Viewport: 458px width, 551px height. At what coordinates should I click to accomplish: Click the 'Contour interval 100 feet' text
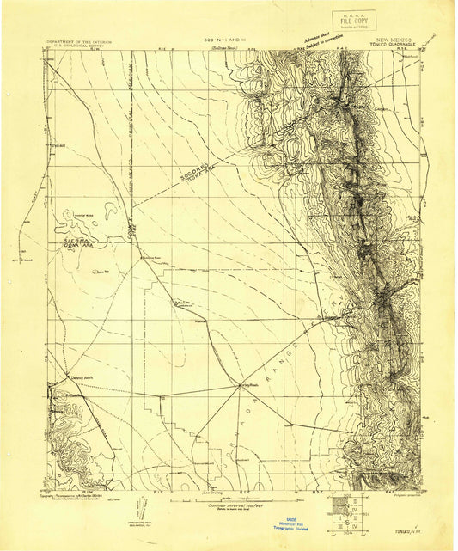(x=227, y=506)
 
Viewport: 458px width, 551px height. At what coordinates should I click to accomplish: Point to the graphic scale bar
(x=227, y=499)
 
